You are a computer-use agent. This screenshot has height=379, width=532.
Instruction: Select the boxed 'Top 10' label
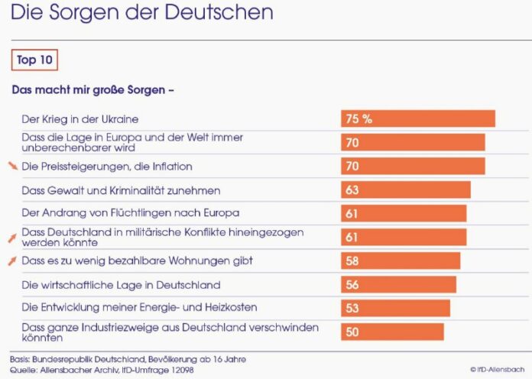click(x=35, y=60)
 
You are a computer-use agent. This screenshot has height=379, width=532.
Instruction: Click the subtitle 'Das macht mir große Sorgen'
click(x=93, y=89)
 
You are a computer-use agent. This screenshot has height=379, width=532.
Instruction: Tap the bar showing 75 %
click(x=418, y=118)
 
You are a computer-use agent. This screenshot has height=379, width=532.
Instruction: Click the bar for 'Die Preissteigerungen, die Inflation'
click(x=413, y=166)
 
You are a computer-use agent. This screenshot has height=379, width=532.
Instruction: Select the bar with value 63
click(x=406, y=189)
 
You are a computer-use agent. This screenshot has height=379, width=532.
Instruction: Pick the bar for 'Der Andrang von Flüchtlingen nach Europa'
click(x=404, y=213)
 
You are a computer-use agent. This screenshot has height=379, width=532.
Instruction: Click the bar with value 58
click(x=401, y=261)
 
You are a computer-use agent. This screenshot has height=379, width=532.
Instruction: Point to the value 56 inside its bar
click(x=352, y=284)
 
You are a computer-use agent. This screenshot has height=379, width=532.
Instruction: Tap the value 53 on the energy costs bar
click(x=352, y=308)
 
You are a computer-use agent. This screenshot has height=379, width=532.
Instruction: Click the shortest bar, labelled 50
click(x=392, y=332)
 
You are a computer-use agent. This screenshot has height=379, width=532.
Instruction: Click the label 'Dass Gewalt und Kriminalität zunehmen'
click(x=121, y=190)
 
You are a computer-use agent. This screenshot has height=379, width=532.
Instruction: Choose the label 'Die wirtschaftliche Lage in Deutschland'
click(x=121, y=285)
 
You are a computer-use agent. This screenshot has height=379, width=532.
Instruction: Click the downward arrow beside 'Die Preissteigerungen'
click(x=11, y=165)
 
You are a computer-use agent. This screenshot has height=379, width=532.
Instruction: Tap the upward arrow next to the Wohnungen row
click(x=11, y=261)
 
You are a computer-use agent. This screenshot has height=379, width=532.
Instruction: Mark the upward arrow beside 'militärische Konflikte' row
click(x=11, y=238)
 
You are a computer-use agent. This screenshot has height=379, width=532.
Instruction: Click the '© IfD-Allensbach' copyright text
click(x=497, y=369)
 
